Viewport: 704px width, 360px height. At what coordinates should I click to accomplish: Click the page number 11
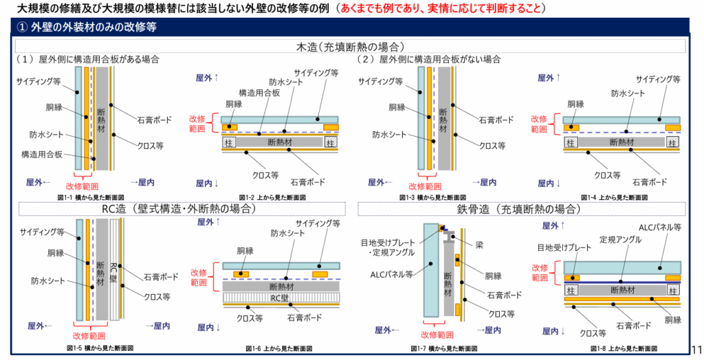(696, 348)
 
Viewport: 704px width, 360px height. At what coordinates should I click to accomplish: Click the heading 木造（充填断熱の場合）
(351, 47)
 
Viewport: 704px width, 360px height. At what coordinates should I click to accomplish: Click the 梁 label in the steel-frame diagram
(479, 244)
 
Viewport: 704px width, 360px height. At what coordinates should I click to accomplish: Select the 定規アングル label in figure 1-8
(620, 240)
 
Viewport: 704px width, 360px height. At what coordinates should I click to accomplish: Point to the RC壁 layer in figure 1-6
(280, 298)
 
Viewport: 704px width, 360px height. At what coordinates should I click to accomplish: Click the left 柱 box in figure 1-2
(227, 142)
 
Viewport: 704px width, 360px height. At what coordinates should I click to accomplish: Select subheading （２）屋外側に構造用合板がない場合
(428, 60)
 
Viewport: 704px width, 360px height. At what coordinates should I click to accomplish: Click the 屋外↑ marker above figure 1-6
(208, 223)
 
